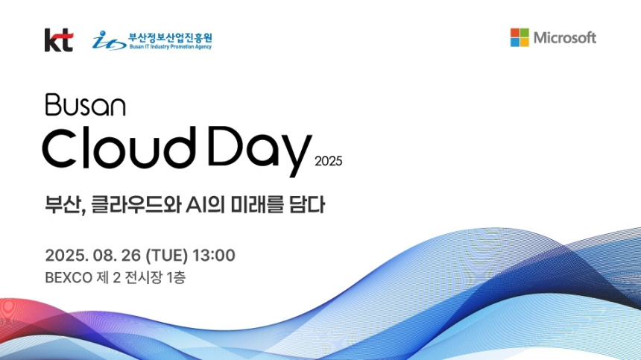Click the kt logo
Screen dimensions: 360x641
click(x=58, y=40)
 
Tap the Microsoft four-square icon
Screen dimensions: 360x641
click(x=520, y=37)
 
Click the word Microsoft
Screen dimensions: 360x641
click(x=564, y=38)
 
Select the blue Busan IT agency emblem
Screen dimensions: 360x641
click(x=109, y=40)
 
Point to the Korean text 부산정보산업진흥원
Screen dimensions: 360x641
click(x=170, y=35)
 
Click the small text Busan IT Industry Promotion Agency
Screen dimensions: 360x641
click(x=170, y=46)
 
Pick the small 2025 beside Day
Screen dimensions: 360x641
click(x=328, y=160)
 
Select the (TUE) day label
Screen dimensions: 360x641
click(x=164, y=256)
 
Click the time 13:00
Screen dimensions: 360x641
click(x=214, y=256)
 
